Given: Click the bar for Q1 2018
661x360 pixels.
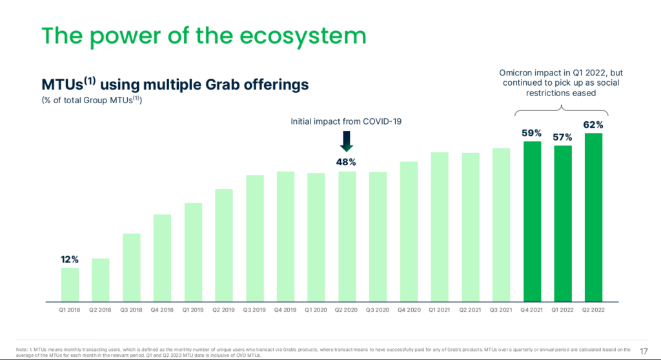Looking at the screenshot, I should [x=70, y=285].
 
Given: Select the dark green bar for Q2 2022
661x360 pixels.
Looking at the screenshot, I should [x=593, y=217].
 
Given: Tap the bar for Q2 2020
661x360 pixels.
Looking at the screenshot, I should [x=347, y=236].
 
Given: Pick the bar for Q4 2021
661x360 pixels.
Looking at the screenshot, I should [x=532, y=221].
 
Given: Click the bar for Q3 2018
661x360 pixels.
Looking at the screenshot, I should [x=132, y=267].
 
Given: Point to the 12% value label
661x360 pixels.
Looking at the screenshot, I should [x=70, y=259].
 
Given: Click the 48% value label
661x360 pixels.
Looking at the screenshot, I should [x=347, y=162].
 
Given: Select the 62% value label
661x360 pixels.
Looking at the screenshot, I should [x=593, y=125].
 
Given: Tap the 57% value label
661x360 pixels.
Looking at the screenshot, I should [x=563, y=137].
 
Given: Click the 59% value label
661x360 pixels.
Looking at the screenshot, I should [x=532, y=133].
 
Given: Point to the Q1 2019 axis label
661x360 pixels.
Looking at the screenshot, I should [x=193, y=310].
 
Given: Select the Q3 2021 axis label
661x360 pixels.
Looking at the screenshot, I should [x=501, y=310].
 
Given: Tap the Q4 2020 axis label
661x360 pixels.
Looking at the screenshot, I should [x=409, y=310].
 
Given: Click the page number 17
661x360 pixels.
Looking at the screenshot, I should [x=644, y=350].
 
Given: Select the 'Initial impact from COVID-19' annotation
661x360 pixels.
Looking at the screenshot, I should [x=346, y=121].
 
